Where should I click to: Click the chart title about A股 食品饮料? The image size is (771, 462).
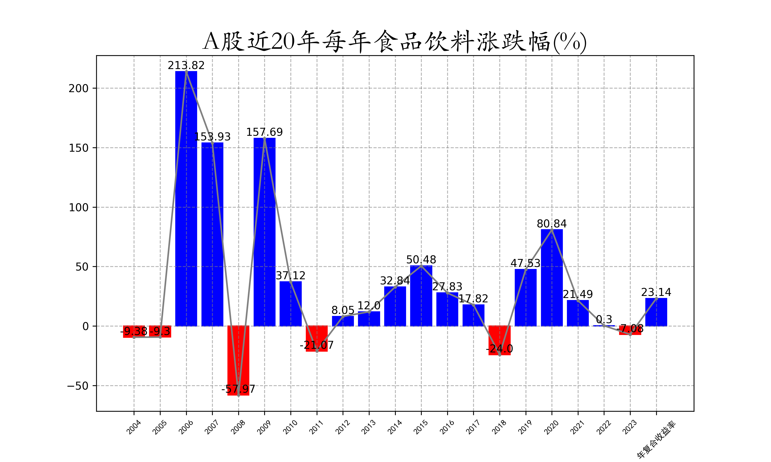[x=394, y=41]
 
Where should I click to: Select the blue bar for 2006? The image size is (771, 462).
[x=186, y=199]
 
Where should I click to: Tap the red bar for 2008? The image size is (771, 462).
[x=238, y=361]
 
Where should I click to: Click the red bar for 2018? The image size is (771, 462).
[x=499, y=341]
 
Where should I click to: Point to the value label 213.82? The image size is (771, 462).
[x=186, y=65]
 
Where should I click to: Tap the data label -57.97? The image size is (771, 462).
[x=238, y=389]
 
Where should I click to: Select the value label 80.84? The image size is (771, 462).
[x=552, y=224]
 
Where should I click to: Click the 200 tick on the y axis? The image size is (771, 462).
[x=79, y=88]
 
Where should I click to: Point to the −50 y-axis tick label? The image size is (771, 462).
[x=78, y=386]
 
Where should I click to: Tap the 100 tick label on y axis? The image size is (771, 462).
[x=79, y=208]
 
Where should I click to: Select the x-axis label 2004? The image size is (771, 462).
[x=134, y=427]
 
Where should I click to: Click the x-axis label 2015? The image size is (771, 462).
[x=421, y=427]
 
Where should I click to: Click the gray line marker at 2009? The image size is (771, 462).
[x=265, y=138]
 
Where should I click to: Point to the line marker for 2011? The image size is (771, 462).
[x=317, y=351]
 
